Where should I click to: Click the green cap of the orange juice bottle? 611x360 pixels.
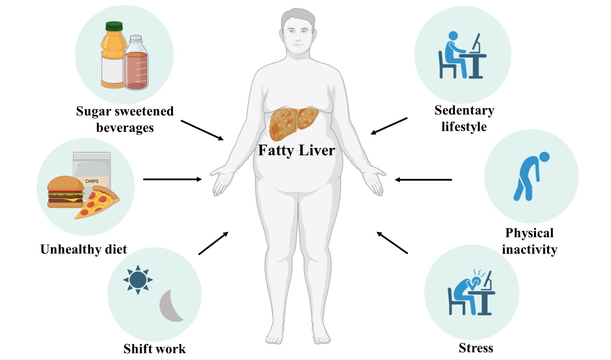[114, 26]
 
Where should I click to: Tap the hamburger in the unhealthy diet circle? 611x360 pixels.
[66, 192]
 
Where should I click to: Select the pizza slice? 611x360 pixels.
[97, 202]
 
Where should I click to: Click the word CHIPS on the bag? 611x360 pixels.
[92, 181]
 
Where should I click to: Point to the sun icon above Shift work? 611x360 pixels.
[138, 280]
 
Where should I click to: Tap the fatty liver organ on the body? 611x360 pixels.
[294, 122]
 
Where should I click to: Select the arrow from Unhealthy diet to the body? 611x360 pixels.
[172, 179]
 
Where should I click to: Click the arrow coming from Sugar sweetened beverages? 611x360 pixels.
[202, 130]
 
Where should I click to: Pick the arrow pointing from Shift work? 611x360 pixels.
[213, 243]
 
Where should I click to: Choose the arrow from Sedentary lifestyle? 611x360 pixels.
[389, 126]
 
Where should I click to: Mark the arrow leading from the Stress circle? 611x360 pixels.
[392, 243]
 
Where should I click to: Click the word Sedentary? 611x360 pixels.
[464, 110]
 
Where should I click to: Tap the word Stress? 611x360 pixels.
[476, 348]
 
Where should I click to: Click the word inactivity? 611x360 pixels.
[530, 249]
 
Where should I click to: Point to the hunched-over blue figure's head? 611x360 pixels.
[544, 157]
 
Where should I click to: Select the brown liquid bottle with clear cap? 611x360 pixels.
[136, 63]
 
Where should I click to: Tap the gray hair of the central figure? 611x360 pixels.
[298, 16]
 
